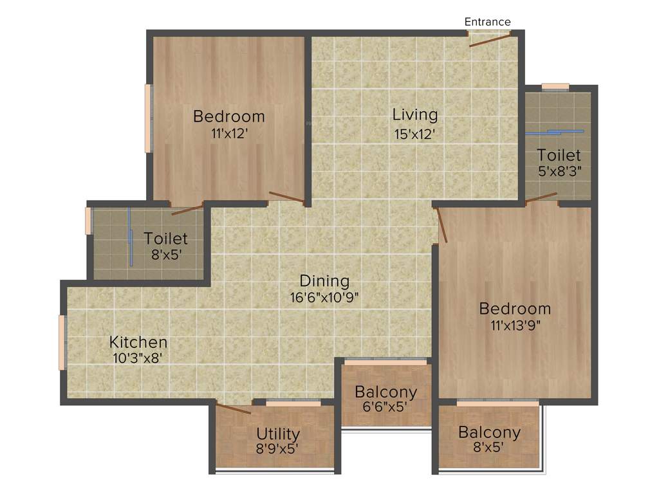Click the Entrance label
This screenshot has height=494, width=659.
point(487,22)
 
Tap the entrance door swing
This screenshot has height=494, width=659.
point(489,40)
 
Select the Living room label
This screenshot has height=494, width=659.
point(415,114)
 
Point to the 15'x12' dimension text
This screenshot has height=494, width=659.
point(415,134)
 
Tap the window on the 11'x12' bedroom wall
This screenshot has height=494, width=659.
point(148,118)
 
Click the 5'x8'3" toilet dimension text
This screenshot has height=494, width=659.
point(559,172)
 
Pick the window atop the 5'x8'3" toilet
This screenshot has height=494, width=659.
point(555,86)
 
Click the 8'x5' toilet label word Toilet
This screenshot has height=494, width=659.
point(165,238)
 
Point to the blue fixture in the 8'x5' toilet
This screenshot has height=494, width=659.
point(130,238)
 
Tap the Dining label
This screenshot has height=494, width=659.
point(324,281)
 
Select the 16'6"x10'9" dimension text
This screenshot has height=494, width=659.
point(324,297)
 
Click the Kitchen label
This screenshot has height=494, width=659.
point(138,342)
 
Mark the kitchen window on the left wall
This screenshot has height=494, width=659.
point(62,342)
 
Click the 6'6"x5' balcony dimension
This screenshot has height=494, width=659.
point(385,407)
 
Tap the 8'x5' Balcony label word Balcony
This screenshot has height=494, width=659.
point(489,432)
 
